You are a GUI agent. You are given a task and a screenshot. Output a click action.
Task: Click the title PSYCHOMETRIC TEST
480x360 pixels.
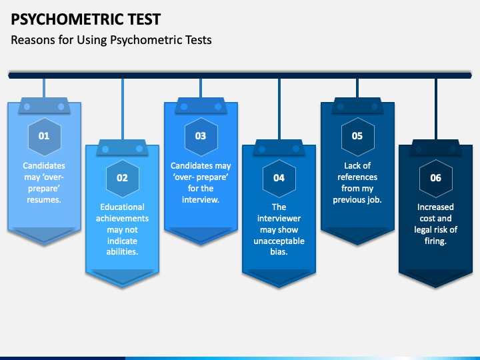coord(85,19)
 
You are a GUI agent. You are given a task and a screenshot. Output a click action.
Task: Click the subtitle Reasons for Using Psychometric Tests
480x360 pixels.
coord(111,40)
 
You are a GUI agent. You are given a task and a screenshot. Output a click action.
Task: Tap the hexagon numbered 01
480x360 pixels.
coord(44,136)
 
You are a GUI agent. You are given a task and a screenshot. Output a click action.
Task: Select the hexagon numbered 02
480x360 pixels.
coord(122,178)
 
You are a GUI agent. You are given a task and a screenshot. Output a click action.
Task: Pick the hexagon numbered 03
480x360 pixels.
coord(201,136)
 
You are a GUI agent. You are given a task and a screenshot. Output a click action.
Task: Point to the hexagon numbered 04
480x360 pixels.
coord(279,178)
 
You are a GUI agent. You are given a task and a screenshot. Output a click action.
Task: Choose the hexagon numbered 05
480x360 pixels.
coord(357,136)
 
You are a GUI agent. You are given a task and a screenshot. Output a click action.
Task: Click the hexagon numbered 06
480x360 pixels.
coord(435,178)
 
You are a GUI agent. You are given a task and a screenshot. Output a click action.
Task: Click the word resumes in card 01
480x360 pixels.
coord(43,199)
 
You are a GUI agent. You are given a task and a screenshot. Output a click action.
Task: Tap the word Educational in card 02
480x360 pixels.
coord(122,207)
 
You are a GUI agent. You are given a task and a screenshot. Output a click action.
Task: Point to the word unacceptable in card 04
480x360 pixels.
coord(279,241)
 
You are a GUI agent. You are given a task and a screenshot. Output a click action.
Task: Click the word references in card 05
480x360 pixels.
coord(357,177)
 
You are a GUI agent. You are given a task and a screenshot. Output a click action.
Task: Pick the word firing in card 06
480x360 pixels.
coord(434,241)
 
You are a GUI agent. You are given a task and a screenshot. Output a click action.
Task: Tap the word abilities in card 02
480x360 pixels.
coord(122,252)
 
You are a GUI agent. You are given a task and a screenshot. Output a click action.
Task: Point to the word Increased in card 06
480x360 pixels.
coord(435,207)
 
